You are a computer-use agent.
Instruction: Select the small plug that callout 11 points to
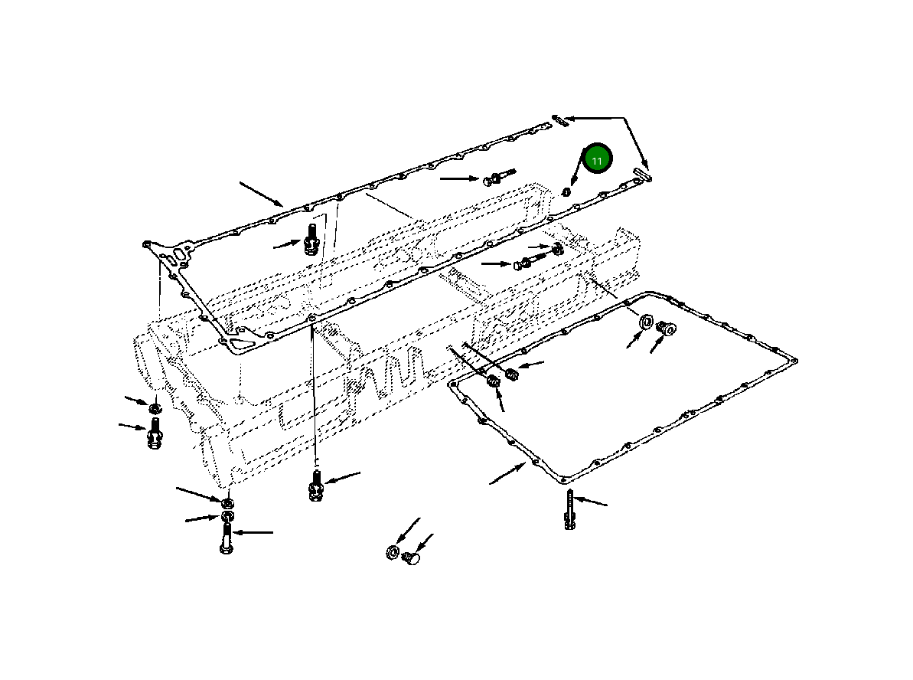(x=566, y=191)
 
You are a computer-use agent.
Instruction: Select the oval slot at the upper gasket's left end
(x=181, y=253)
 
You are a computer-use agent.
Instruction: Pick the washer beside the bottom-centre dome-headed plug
(x=392, y=552)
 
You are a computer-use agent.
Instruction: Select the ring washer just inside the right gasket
(x=644, y=322)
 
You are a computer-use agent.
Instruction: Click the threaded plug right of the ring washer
(x=666, y=330)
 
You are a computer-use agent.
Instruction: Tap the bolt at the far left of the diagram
(x=154, y=434)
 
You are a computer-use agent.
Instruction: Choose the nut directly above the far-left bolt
(x=154, y=407)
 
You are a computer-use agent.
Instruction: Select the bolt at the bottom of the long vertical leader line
(x=315, y=485)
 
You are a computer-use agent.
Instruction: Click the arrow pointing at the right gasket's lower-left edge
(x=507, y=474)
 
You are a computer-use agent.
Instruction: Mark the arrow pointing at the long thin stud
(x=591, y=502)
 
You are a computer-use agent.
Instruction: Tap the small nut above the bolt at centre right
(x=557, y=248)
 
